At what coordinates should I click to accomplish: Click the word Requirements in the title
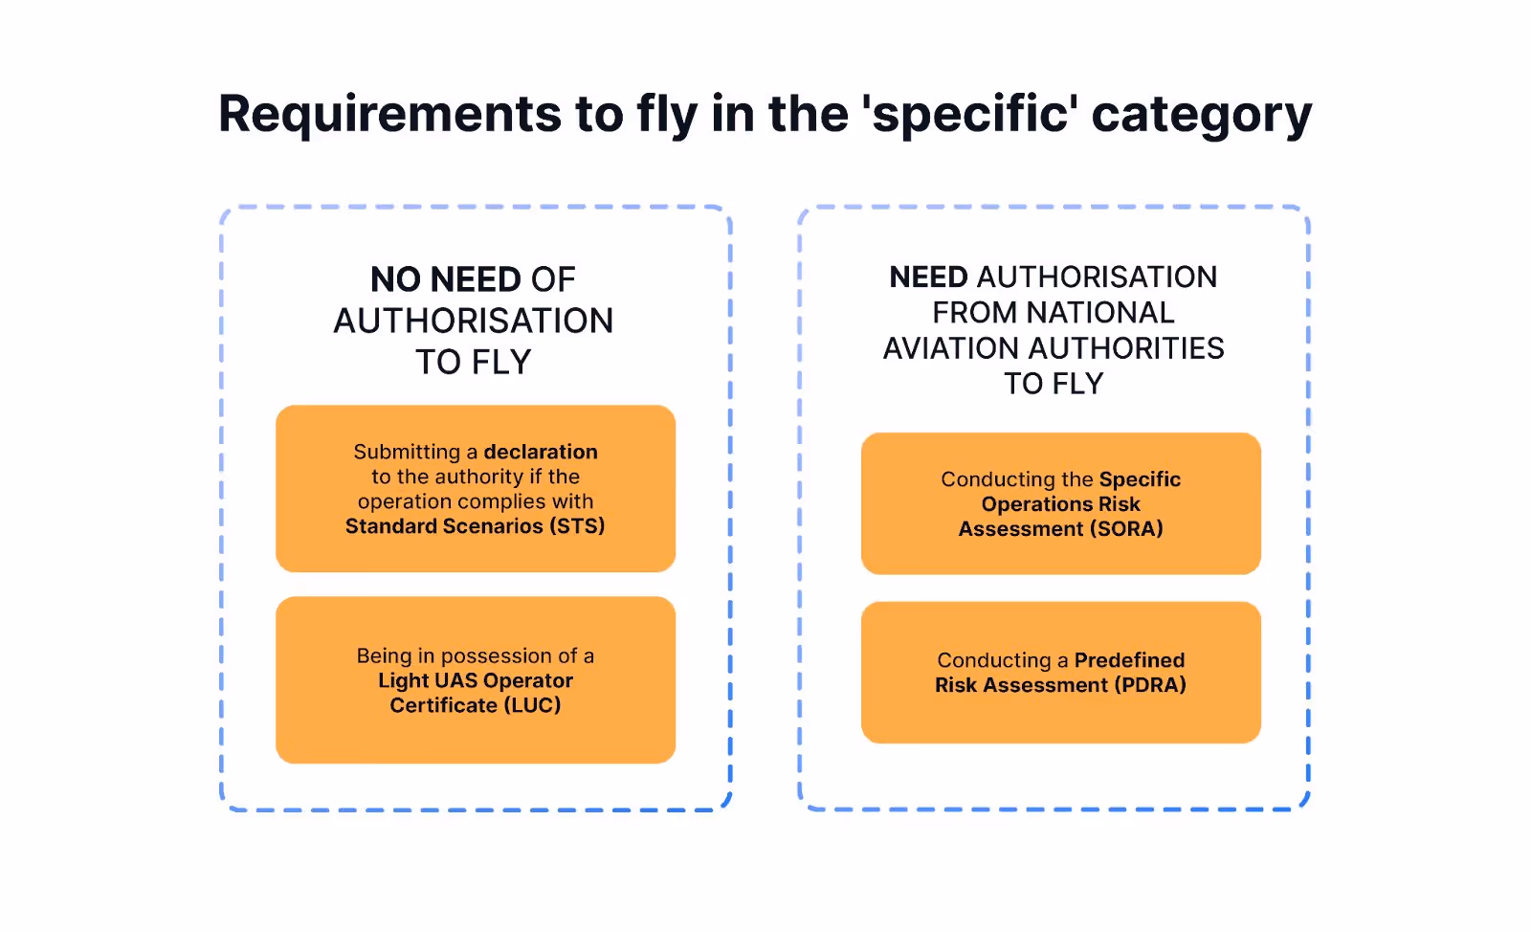pos(389,114)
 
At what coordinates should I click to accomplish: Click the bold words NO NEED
pos(445,279)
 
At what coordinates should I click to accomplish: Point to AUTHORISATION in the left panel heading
pos(474,321)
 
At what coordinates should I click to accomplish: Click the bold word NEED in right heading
pos(928,277)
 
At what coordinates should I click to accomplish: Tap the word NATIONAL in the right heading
pos(1099,313)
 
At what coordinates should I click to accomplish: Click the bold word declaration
pos(541,452)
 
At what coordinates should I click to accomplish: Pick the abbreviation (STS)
pos(577,526)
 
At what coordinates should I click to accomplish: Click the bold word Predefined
pos(1129,660)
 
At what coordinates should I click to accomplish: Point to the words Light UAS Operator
pos(476,680)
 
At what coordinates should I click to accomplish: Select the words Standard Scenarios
pos(444,526)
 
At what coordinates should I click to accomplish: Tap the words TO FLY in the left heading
pos(474,363)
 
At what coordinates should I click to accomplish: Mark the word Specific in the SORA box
pos(1140,479)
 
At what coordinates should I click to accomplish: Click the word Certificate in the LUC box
pos(443,705)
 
